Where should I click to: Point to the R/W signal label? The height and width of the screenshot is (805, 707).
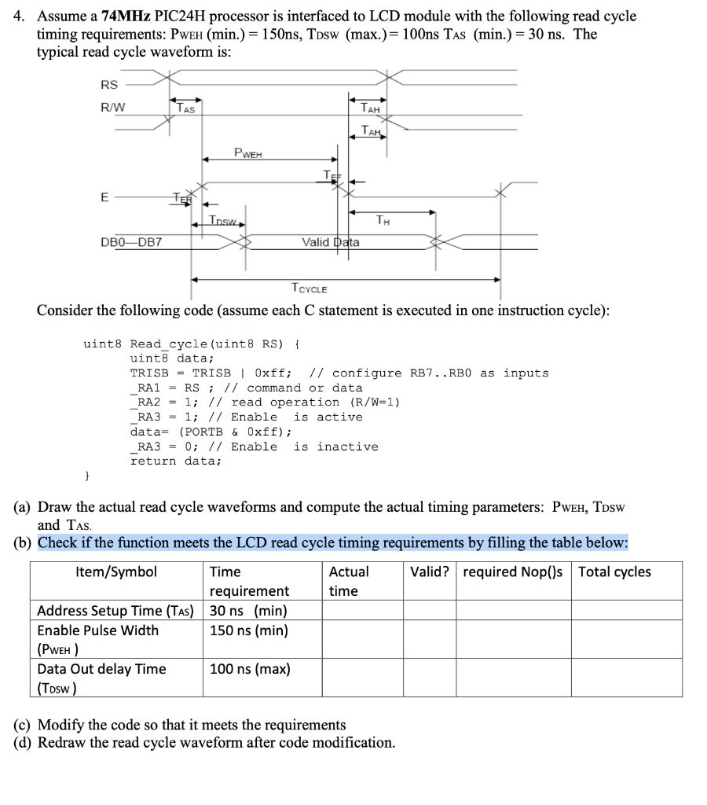click(x=112, y=107)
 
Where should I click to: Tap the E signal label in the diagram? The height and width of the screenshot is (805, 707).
click(x=104, y=198)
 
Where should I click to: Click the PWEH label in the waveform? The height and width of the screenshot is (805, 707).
click(x=248, y=152)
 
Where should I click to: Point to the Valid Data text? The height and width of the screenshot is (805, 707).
click(x=331, y=242)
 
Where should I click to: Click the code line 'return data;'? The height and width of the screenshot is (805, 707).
click(x=176, y=461)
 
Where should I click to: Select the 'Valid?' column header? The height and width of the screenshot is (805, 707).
click(x=430, y=572)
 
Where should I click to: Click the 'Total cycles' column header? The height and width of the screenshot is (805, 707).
click(x=614, y=572)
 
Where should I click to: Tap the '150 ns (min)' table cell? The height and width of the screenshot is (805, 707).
click(x=248, y=630)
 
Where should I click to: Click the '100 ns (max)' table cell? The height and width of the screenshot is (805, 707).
click(x=250, y=669)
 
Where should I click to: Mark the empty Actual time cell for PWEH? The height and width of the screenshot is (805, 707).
click(x=362, y=639)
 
